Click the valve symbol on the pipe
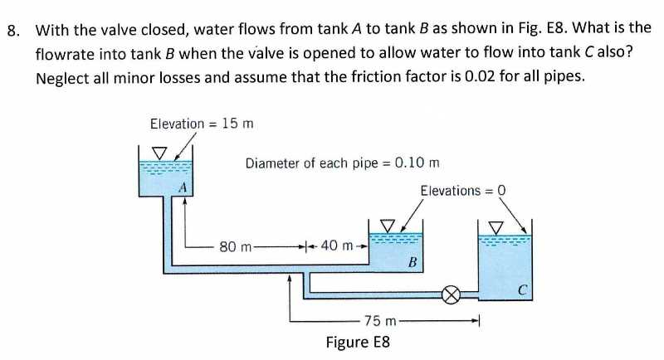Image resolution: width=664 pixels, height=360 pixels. point(452,294)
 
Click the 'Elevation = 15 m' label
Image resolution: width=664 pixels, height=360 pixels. point(202,124)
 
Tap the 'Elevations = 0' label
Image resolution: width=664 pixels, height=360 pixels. point(463,191)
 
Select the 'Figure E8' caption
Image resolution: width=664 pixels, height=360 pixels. point(358,342)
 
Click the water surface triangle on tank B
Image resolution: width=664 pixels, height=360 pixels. point(386,225)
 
